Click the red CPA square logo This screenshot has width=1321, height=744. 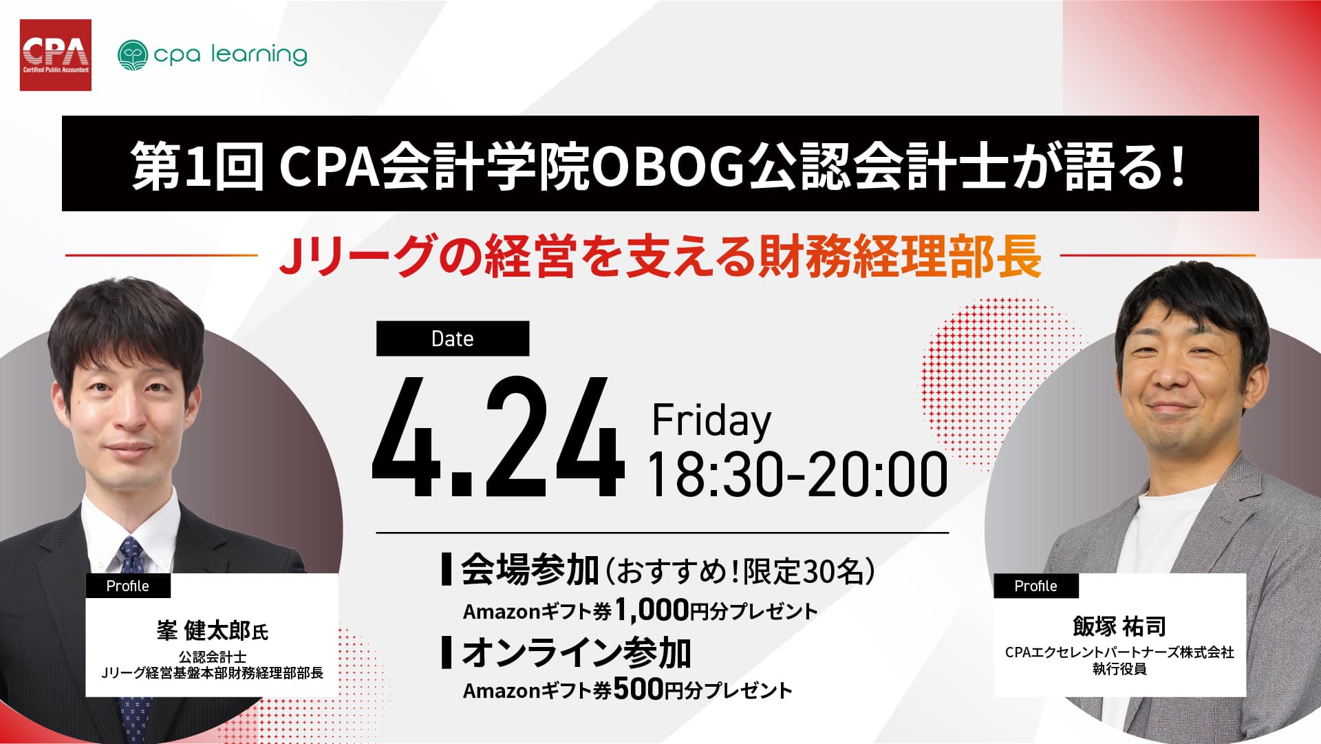[x=56, y=55]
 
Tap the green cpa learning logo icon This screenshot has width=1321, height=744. [x=133, y=55]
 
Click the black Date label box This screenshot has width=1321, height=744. [x=453, y=339]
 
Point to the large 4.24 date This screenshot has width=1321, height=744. [x=497, y=438]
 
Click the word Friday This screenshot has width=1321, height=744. [x=711, y=421]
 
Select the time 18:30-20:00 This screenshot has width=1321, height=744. [x=797, y=474]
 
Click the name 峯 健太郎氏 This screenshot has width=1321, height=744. [x=212, y=630]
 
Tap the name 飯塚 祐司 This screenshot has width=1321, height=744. [x=1119, y=626]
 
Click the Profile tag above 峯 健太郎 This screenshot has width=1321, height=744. [x=128, y=586]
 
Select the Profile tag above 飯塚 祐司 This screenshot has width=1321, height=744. [x=1035, y=586]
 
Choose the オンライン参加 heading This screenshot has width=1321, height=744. [x=577, y=652]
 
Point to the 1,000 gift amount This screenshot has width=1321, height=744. [x=651, y=610]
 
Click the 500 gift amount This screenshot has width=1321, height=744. [x=637, y=689]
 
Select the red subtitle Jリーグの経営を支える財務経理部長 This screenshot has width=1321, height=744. [x=660, y=256]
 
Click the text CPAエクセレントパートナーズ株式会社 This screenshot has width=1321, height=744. [x=1119, y=652]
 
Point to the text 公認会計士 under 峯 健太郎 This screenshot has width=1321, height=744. [x=212, y=657]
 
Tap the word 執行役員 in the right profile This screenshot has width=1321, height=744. [x=1119, y=669]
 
